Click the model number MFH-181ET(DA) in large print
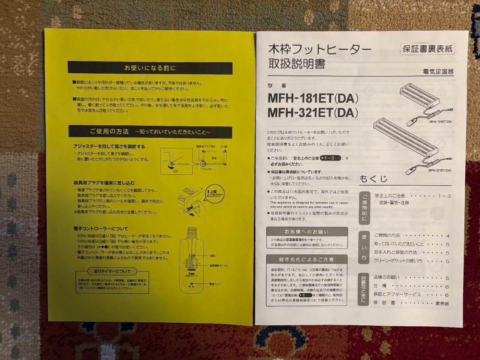(x=312, y=98)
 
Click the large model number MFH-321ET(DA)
(x=312, y=113)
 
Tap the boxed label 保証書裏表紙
(x=427, y=49)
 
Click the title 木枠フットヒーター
(x=320, y=49)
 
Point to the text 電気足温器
(x=438, y=72)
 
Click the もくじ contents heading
(x=373, y=179)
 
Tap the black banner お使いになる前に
(x=150, y=68)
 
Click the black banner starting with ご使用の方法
(x=150, y=132)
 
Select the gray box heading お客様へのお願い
(x=307, y=232)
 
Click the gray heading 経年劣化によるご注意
(x=307, y=259)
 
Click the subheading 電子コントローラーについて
(x=101, y=229)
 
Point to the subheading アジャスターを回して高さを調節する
(x=109, y=146)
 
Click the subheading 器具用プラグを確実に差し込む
(x=104, y=183)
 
